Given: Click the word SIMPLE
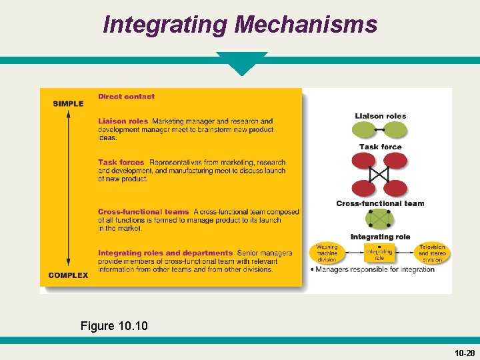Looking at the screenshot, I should click(x=68, y=103).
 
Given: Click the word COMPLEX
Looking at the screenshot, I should click(x=68, y=275).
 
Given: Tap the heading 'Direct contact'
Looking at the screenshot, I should click(x=126, y=97).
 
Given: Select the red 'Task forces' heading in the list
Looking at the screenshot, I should click(x=121, y=162).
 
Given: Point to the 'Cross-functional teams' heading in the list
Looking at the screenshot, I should click(x=143, y=212).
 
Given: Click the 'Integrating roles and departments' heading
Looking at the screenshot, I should click(x=165, y=253).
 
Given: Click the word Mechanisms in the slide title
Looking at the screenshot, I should click(x=305, y=25).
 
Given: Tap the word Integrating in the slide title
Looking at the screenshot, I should click(x=165, y=25).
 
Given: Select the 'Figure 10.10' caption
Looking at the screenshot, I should click(x=114, y=326).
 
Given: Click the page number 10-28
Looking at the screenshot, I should click(x=465, y=353).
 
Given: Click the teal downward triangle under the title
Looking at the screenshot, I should click(x=241, y=63).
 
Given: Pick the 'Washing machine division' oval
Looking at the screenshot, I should click(x=327, y=253).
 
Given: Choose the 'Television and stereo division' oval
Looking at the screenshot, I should click(x=432, y=253).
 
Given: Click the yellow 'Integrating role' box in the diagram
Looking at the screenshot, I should click(x=379, y=253).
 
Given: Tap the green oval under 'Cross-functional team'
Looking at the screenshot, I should click(x=379, y=219).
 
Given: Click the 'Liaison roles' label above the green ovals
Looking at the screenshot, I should click(x=380, y=116).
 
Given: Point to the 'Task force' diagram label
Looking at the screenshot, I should click(x=380, y=147).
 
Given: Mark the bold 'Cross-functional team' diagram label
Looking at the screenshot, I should click(x=380, y=203).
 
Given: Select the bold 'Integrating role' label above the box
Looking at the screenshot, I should click(x=380, y=237).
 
